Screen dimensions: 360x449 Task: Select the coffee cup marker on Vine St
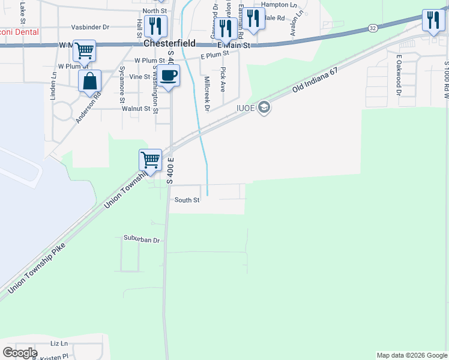[169, 76]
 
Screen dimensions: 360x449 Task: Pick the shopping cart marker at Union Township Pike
[150, 160]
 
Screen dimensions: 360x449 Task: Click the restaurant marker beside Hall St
[155, 26]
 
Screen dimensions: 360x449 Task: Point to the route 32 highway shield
[373, 28]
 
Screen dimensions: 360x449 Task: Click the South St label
[187, 200]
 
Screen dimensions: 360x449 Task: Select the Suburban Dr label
[142, 240]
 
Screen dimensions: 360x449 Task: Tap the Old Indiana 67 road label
[317, 80]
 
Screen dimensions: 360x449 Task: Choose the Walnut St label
[136, 109]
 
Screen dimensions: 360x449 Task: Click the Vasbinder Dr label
[90, 27]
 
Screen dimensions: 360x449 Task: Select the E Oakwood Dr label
[397, 75]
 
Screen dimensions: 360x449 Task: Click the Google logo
[19, 353]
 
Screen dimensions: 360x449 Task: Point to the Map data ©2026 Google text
[412, 355]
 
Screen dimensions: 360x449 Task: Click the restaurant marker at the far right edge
[432, 20]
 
